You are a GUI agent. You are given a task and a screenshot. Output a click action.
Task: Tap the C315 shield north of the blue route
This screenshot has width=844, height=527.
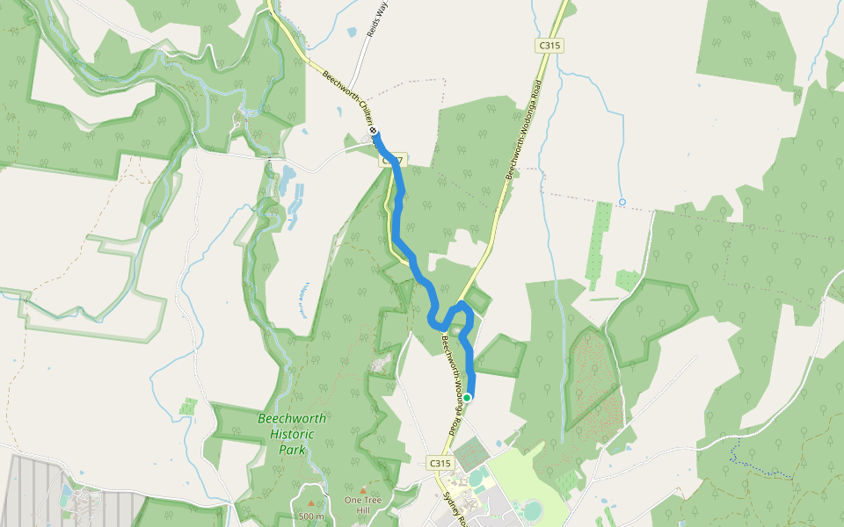click(x=550, y=45)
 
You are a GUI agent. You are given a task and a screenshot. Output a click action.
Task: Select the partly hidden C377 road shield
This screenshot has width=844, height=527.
click(x=393, y=161)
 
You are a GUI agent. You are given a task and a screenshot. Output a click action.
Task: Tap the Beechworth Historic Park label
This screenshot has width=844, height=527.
click(x=292, y=434)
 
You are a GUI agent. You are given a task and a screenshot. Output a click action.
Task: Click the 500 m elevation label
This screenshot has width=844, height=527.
click(x=311, y=516)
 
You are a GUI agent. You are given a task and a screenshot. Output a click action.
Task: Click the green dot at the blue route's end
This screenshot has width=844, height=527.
click(x=468, y=397)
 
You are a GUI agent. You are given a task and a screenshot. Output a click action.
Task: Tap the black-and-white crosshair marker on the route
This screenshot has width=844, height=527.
click(x=374, y=131)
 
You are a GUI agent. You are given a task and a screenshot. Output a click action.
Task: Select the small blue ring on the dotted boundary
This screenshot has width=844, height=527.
click(x=622, y=202)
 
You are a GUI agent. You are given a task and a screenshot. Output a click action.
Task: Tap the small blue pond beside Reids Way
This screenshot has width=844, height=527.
click(x=352, y=32)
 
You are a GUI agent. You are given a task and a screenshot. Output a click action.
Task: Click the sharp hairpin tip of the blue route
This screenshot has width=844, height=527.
click(x=462, y=304)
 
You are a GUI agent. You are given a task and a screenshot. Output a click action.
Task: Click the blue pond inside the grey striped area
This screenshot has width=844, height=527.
click(x=67, y=489)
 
